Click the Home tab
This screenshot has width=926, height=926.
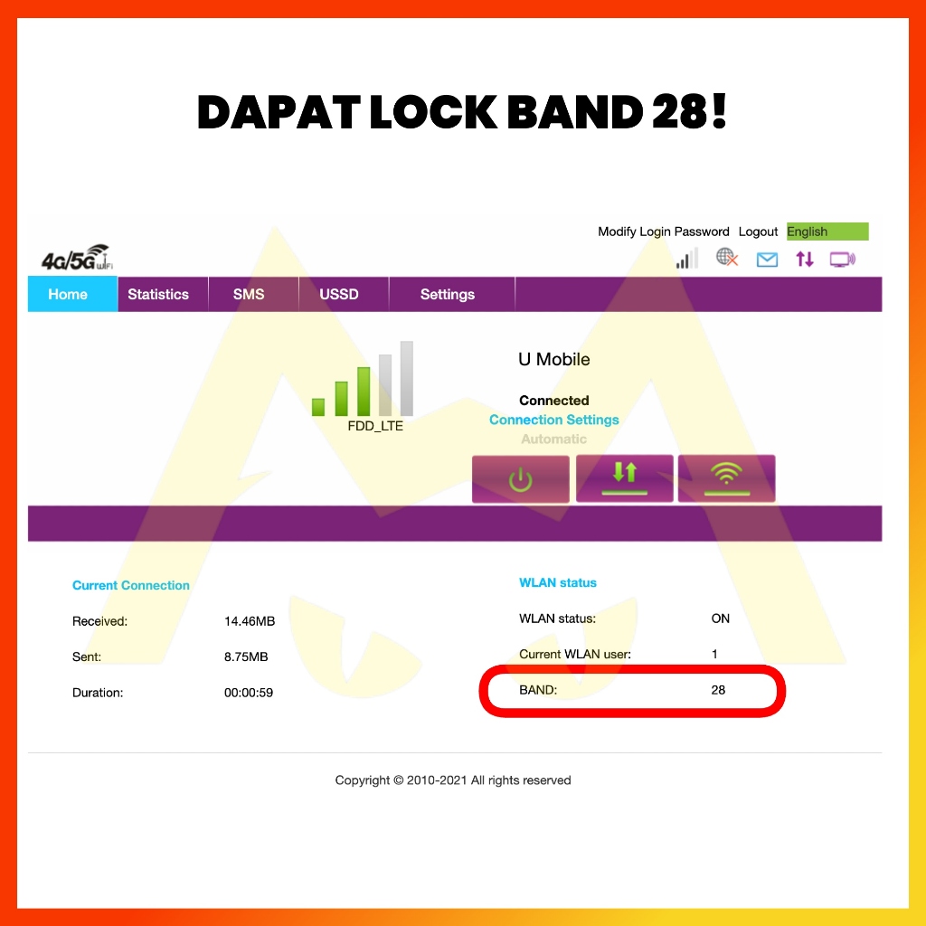click(x=68, y=295)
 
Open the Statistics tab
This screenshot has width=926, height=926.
click(x=158, y=295)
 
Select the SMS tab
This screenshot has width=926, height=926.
click(x=249, y=295)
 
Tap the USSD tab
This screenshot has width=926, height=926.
click(x=339, y=295)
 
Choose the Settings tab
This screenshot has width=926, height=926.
click(x=448, y=295)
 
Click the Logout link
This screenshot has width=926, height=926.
click(x=758, y=231)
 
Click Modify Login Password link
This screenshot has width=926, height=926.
click(x=663, y=231)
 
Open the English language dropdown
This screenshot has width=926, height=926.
click(x=827, y=231)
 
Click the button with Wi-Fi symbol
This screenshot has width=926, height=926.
click(x=726, y=478)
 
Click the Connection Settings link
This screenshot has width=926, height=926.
click(x=553, y=420)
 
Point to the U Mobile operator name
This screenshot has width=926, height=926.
click(x=553, y=359)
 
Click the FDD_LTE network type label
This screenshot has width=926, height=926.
click(x=375, y=426)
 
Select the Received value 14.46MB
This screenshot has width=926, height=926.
click(x=250, y=621)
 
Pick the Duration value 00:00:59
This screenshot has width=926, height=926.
click(x=249, y=693)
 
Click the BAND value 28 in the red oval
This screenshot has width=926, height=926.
click(x=718, y=690)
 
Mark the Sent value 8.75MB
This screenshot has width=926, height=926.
click(x=246, y=657)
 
